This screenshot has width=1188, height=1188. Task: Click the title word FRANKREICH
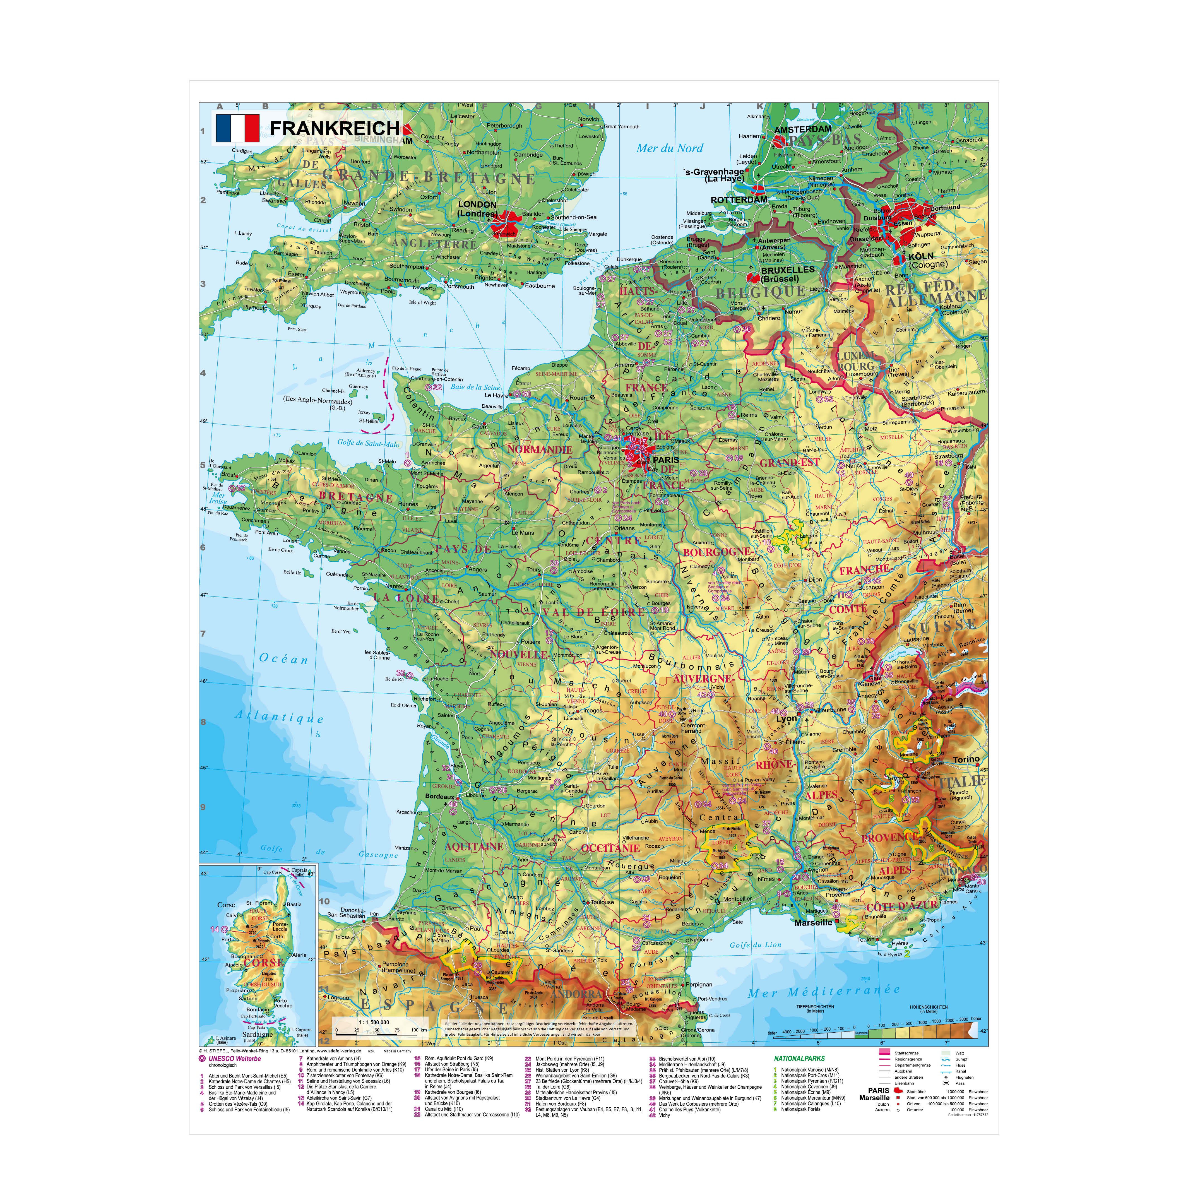(x=335, y=129)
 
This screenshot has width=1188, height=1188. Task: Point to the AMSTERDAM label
(x=802, y=130)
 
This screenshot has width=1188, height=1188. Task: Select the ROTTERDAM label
(x=739, y=200)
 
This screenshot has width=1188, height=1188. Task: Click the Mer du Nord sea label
(x=669, y=148)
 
